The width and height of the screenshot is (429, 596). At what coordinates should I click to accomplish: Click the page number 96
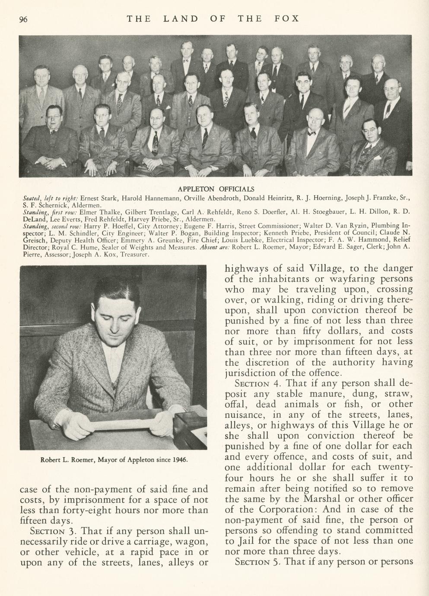(23, 19)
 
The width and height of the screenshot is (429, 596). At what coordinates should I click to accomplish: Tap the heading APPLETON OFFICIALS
(216, 189)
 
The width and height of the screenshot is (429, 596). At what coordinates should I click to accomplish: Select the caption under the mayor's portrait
(114, 460)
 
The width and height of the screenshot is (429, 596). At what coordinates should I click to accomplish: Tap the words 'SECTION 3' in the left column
(54, 531)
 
